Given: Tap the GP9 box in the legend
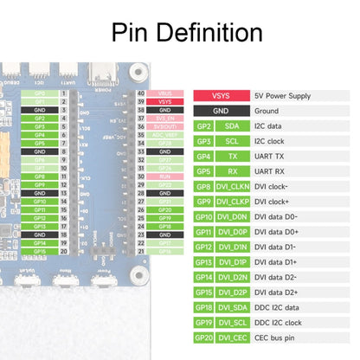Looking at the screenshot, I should pyautogui.click(x=203, y=201).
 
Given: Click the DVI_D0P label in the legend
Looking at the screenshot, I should pyautogui.click(x=234, y=231).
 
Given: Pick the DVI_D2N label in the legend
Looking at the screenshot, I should pyautogui.click(x=234, y=277).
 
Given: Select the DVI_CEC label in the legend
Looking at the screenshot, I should pyautogui.click(x=234, y=337).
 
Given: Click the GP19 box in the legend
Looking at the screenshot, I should pyautogui.click(x=203, y=322).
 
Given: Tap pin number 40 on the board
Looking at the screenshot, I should pyautogui.click(x=141, y=93).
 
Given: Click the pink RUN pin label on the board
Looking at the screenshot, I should pyautogui.click(x=165, y=176).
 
